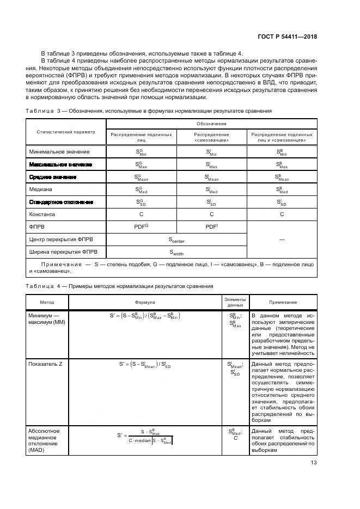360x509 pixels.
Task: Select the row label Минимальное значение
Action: (58, 151)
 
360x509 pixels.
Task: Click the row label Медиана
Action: (40, 189)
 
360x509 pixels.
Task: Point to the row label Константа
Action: (43, 214)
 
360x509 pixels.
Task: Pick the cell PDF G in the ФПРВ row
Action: (142, 226)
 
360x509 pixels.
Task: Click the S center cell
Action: (176, 239)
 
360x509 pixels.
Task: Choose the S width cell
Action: (176, 252)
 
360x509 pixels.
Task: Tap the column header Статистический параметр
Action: (65, 132)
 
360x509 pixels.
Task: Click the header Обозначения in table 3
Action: (212, 124)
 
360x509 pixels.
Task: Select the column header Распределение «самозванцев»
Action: (212, 137)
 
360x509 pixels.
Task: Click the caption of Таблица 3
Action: (148, 111)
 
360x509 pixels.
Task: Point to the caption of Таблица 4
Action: (119, 286)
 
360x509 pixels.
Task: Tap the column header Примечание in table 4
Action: (283, 302)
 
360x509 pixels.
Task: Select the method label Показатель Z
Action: (45, 363)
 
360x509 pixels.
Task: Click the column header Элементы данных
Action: (235, 302)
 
